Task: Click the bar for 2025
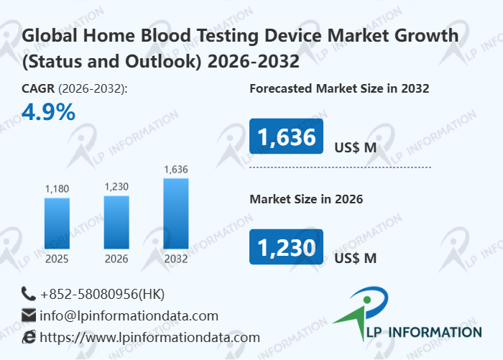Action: pyautogui.click(x=57, y=223)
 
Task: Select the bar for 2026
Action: pyautogui.click(x=116, y=223)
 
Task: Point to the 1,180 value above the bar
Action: pyautogui.click(x=57, y=189)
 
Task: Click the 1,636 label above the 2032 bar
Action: pyautogui.click(x=175, y=170)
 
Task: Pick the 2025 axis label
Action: pyautogui.click(x=57, y=259)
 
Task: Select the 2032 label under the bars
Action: pyautogui.click(x=175, y=259)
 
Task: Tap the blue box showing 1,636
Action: pyautogui.click(x=286, y=137)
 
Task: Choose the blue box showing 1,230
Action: pyautogui.click(x=286, y=247)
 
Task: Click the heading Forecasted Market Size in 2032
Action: pyautogui.click(x=339, y=89)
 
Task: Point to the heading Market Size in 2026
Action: pyautogui.click(x=306, y=199)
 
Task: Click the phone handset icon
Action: pyautogui.click(x=29, y=293)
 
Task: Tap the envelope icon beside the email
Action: pyautogui.click(x=29, y=315)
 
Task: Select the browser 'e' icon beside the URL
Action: pyautogui.click(x=29, y=337)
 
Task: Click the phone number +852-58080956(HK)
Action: pyautogui.click(x=103, y=294)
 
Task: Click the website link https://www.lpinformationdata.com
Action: pyautogui.click(x=149, y=337)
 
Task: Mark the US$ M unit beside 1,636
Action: pyautogui.click(x=355, y=148)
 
